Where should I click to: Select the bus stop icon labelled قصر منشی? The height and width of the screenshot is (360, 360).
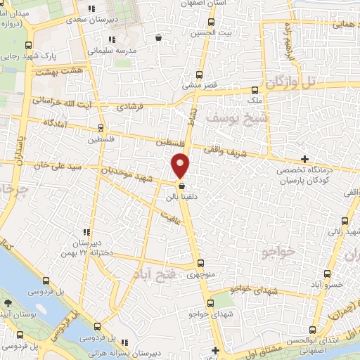200,75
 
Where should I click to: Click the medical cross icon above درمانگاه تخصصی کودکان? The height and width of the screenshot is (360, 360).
304,159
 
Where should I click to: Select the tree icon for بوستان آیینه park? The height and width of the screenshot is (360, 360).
7,304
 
